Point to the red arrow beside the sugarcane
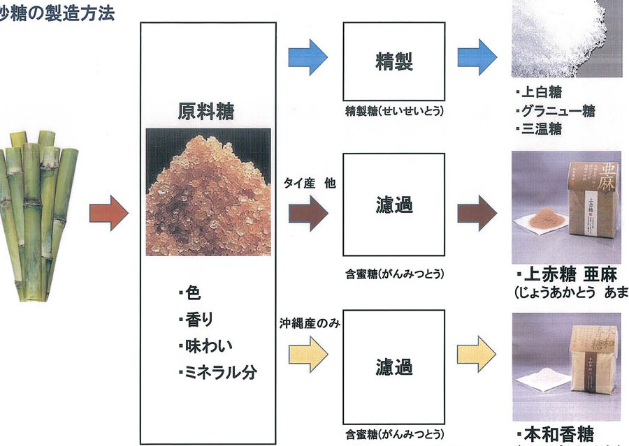click(109, 213)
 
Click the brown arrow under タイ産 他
click(308, 213)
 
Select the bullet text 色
click(189, 293)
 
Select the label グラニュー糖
click(556, 111)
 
